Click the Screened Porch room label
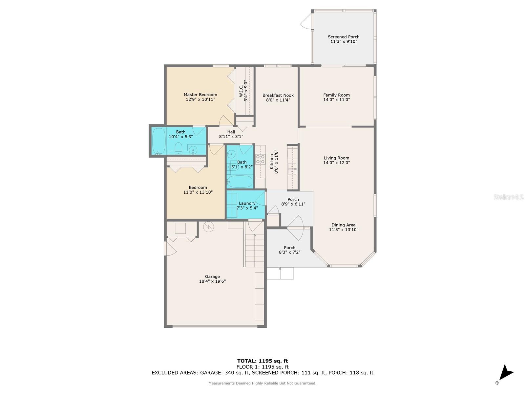[344, 37]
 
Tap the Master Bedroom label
[200, 95]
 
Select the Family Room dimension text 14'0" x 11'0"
[336, 100]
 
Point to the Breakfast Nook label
[278, 95]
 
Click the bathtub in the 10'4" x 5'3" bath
[159, 141]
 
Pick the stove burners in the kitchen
[260, 159]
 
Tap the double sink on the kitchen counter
[292, 169]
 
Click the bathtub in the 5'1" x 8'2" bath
[240, 182]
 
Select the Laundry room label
[247, 203]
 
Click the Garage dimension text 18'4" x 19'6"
[212, 281]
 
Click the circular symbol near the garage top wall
[208, 227]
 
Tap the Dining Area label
[343, 225]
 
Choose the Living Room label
[336, 158]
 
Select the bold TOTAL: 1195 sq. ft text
[262, 361]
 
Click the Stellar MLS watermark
[509, 197]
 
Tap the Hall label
[231, 132]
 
